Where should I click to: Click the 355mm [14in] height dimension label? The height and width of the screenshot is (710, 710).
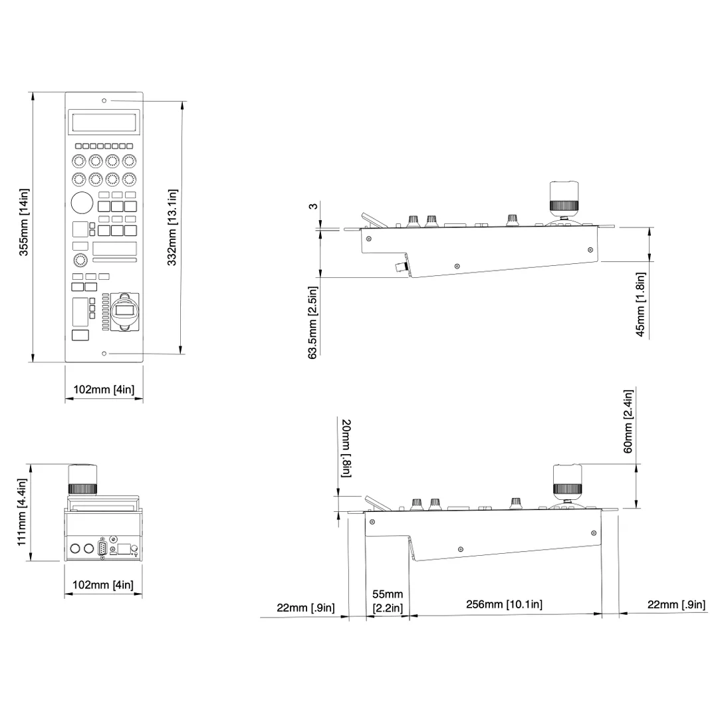point(23,222)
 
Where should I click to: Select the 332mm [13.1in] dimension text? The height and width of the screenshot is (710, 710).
point(172,227)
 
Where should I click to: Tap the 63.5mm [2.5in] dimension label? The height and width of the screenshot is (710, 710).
point(313,322)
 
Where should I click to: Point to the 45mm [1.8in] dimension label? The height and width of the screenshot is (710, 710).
point(641,304)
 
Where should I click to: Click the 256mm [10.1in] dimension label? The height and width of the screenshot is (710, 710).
point(504,604)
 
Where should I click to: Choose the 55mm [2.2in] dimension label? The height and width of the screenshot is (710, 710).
point(388,601)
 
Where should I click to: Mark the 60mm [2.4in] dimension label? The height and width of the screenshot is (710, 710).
point(628,421)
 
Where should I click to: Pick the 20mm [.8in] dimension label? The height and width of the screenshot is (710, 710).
point(346,448)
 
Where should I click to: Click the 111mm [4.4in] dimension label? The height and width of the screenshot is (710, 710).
point(22,512)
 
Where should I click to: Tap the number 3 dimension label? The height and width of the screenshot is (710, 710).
point(313,207)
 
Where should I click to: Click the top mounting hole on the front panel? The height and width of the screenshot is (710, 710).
point(104,100)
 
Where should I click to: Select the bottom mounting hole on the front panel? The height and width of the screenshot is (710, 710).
point(104,353)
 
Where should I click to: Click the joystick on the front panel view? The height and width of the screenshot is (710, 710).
point(124,312)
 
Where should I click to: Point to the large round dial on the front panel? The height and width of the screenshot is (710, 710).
point(82,202)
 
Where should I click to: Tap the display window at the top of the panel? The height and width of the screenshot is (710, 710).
point(104,122)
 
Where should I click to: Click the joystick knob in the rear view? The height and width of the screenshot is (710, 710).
point(82,479)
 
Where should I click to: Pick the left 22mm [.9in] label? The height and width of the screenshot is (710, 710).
point(306,608)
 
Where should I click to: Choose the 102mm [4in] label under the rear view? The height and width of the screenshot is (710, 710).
point(103,584)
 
